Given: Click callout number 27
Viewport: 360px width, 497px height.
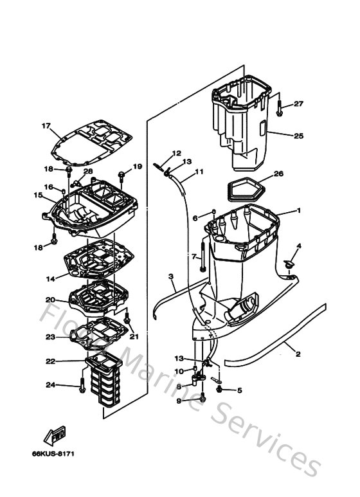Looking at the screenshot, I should click(x=298, y=104).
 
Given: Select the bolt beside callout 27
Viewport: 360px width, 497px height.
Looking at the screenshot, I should click(x=281, y=108).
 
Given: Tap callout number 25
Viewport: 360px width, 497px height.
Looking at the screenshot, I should click(x=298, y=136).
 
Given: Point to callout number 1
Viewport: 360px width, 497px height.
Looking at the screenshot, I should click(x=298, y=211).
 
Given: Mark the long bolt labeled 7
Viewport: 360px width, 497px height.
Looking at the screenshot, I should click(x=203, y=255).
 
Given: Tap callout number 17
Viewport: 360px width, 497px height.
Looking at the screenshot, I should click(x=46, y=125).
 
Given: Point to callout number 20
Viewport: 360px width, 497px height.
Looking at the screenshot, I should click(x=50, y=300).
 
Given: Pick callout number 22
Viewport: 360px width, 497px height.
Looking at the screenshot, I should click(x=50, y=361).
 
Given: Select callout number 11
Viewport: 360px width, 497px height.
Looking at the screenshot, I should click(x=199, y=172).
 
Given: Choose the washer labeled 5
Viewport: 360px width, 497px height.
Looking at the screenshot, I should click(x=221, y=390).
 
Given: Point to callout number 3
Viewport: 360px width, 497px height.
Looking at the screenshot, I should click(x=172, y=277).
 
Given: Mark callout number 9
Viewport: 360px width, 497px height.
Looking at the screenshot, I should click(x=179, y=401).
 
